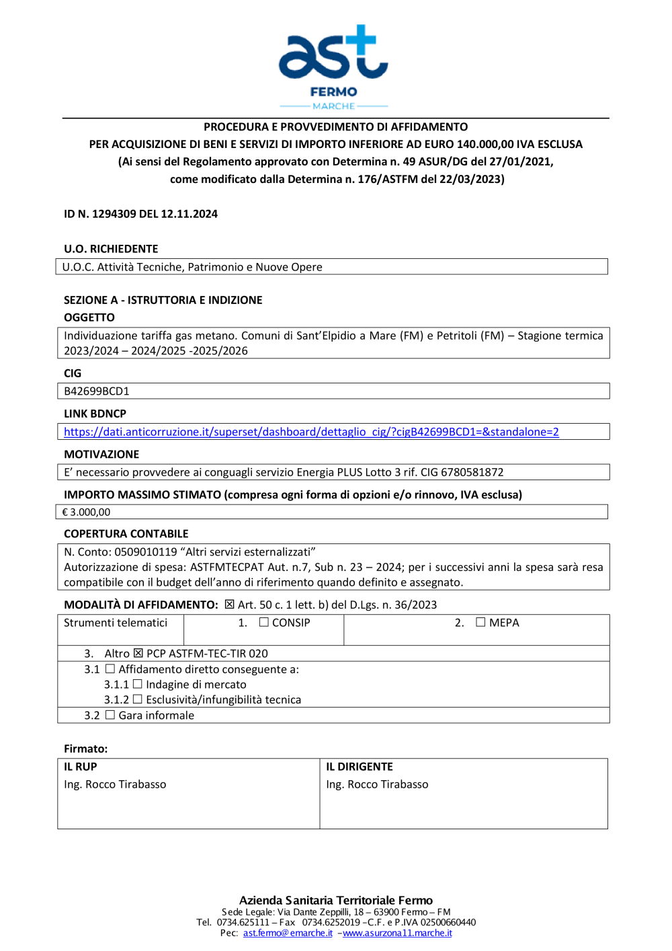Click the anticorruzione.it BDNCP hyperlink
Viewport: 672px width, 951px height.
click(311, 432)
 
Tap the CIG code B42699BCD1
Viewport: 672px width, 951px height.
click(97, 391)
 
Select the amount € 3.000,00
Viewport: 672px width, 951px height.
click(86, 512)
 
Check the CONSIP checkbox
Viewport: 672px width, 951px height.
click(264, 622)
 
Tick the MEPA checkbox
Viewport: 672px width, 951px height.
click(480, 622)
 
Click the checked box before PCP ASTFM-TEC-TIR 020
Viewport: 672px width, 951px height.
click(138, 653)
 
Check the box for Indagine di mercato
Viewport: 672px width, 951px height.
click(138, 684)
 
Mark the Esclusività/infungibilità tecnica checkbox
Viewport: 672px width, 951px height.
click(138, 699)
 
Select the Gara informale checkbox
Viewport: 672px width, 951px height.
click(110, 715)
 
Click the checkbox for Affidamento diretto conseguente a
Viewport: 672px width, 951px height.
click(110, 669)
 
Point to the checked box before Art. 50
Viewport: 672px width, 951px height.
click(229, 605)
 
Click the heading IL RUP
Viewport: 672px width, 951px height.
click(81, 767)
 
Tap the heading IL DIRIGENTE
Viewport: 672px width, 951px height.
click(360, 767)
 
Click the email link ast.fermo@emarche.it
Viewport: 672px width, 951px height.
click(288, 933)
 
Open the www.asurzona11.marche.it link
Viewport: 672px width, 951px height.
click(397, 933)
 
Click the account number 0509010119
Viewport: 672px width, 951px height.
click(145, 551)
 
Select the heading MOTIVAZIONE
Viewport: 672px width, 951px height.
click(101, 454)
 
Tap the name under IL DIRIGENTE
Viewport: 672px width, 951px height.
click(377, 784)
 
